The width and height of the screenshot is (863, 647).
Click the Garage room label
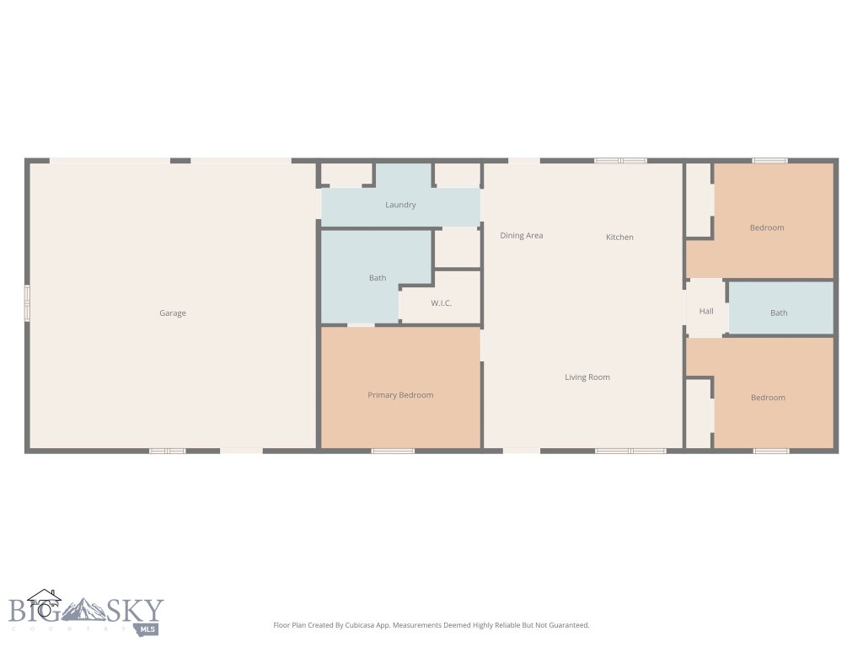point(173,313)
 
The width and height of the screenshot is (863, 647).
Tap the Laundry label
point(400,205)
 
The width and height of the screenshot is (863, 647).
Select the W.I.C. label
point(442,303)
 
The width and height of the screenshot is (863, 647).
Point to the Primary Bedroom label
point(400,395)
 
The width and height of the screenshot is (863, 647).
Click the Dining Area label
point(522,236)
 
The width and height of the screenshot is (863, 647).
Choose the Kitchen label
point(619,238)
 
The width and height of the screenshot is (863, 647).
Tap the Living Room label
point(587,377)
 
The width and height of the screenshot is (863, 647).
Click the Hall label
point(706,312)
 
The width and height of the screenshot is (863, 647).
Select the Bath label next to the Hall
point(779,313)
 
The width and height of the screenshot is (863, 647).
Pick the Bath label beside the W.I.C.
point(378,278)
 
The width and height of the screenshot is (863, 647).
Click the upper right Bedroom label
point(767,227)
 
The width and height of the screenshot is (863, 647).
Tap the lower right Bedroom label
point(768,398)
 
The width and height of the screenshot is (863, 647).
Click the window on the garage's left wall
point(27,303)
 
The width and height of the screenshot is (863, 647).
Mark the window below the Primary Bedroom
point(393,451)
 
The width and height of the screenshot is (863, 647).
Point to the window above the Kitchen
point(620,160)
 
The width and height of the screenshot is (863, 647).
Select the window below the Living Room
point(630,451)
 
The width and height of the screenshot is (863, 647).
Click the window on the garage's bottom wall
point(167,451)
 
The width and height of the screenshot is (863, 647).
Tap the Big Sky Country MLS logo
point(84,612)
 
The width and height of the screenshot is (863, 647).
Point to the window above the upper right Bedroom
point(770,160)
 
